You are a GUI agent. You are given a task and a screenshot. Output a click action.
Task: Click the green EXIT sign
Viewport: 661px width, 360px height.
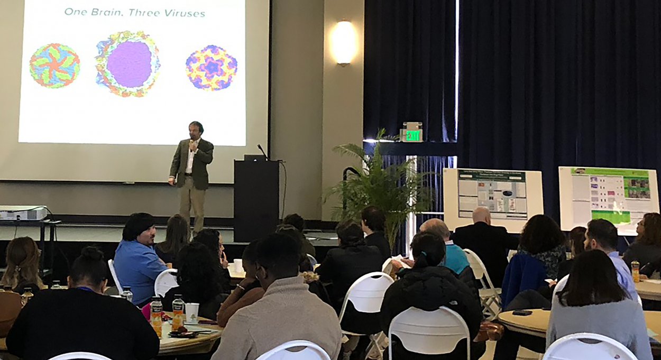pyautogui.click(x=412, y=135)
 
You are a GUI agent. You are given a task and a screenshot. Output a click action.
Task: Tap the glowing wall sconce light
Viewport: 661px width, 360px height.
pyautogui.click(x=344, y=43)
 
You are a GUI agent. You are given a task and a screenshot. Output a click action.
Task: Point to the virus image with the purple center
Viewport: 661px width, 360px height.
pyautogui.click(x=128, y=64)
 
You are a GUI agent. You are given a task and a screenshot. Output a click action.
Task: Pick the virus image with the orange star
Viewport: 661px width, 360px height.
pyautogui.click(x=54, y=66)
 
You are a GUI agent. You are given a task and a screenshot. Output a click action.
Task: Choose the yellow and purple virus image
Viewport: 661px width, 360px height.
pyautogui.click(x=211, y=67)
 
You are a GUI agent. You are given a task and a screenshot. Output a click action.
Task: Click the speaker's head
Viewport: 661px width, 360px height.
pyautogui.click(x=196, y=129)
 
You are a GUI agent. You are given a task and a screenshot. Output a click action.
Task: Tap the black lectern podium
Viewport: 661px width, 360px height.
pyautogui.click(x=256, y=198)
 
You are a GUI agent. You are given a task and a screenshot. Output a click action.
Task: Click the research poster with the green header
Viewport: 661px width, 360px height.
pyautogui.click(x=609, y=196)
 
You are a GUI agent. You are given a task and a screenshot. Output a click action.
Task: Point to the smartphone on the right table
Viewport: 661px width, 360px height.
pyautogui.click(x=522, y=312)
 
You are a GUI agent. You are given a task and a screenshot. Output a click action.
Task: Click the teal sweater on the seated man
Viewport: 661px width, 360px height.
pyautogui.click(x=455, y=258)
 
